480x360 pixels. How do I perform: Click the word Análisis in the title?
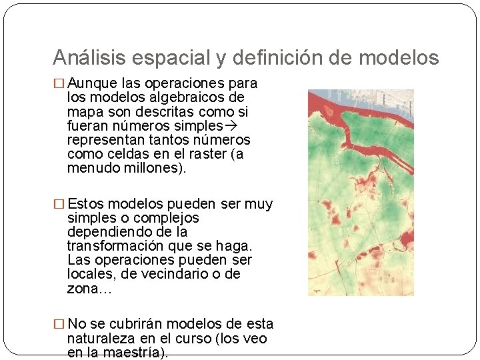coord(90,58)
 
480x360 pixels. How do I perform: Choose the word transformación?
coord(110,246)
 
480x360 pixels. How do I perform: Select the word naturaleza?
coord(99,338)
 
